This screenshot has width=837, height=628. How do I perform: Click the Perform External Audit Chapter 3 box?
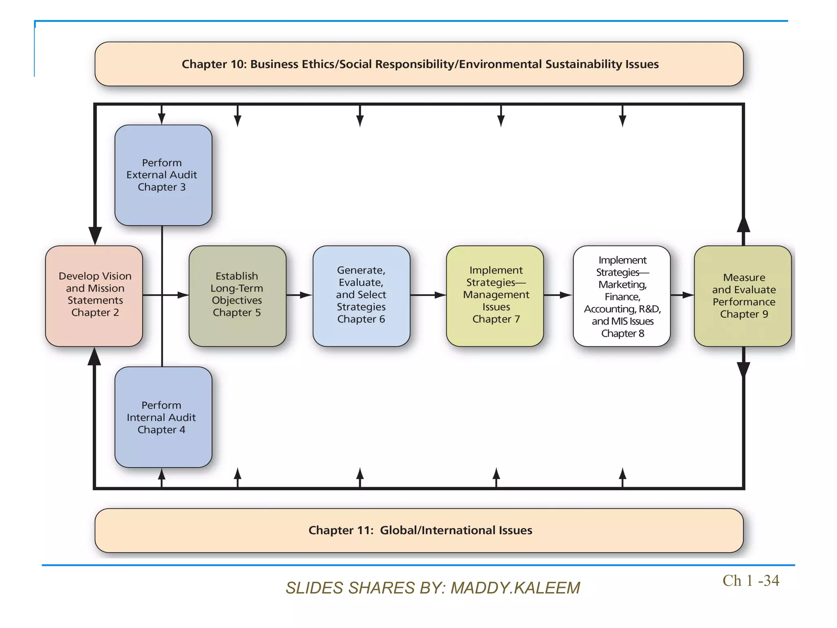[x=163, y=175]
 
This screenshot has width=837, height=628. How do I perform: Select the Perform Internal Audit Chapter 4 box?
[x=163, y=417]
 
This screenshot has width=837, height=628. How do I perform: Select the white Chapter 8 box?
[x=622, y=296]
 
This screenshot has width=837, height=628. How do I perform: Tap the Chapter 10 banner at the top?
[x=419, y=64]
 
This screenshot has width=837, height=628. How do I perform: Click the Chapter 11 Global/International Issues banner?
[x=419, y=530]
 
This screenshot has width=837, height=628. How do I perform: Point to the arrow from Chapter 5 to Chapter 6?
[x=300, y=295]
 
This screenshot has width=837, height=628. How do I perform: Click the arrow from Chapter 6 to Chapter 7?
[x=428, y=295]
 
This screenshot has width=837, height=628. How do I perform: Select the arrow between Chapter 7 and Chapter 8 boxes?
[x=558, y=295]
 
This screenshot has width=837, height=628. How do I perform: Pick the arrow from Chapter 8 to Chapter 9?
[x=683, y=295]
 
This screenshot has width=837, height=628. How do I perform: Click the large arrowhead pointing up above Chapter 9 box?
[x=743, y=225]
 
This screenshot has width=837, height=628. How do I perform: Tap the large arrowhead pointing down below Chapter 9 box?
[x=743, y=369]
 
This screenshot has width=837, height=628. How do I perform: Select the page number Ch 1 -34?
[x=750, y=581]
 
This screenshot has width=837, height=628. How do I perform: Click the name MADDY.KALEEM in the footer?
[x=515, y=588]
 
